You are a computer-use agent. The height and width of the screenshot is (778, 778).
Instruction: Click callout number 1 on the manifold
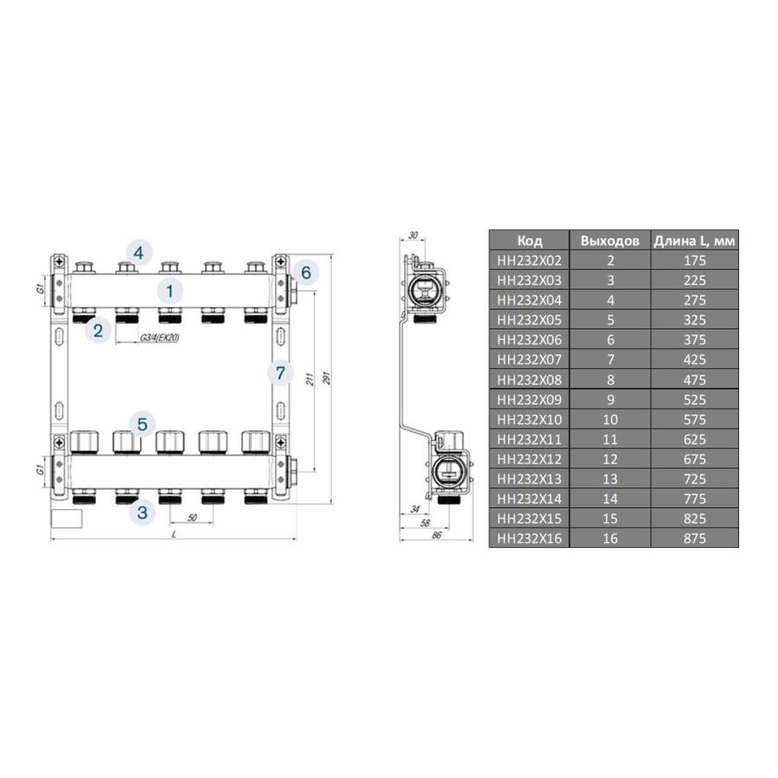170,290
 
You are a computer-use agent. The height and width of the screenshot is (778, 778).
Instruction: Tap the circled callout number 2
98,329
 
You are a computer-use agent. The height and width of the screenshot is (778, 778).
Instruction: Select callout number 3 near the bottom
143,513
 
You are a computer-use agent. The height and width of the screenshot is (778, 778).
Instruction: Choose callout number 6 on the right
305,272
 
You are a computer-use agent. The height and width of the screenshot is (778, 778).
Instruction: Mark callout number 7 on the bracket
278,373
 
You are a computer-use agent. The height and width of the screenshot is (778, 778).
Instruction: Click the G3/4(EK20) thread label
157,337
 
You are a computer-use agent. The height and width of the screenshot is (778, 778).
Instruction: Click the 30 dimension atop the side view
412,235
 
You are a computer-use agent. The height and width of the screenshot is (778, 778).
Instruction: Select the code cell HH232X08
529,379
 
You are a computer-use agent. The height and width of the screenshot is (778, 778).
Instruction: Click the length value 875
693,538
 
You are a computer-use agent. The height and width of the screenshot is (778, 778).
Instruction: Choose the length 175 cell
693,260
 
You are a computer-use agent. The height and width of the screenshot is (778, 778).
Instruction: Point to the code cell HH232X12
529,459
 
